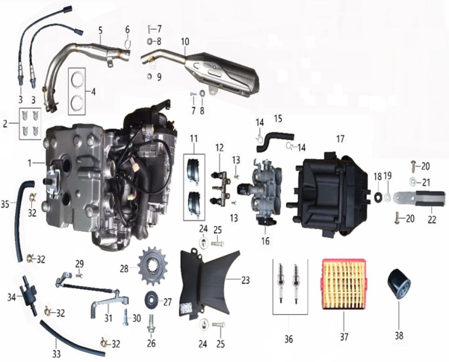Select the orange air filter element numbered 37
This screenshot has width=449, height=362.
click(344, 284)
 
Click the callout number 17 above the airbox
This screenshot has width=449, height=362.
click(340, 139)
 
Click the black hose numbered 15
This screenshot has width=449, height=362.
click(274, 140)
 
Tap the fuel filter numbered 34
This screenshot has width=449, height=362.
click(28, 295)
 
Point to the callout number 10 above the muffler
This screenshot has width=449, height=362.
click(185, 42)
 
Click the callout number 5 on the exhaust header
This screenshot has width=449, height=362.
click(100, 31)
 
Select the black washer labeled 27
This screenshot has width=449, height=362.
click(151, 300)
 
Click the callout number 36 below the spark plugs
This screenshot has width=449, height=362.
click(289, 339)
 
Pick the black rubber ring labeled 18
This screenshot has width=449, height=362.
click(378, 196)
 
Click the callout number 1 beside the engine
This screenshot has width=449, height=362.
click(30, 163)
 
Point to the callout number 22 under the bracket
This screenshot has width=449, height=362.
click(432, 220)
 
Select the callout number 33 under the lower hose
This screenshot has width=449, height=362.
click(57, 354)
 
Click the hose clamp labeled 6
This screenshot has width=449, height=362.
click(128, 44)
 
